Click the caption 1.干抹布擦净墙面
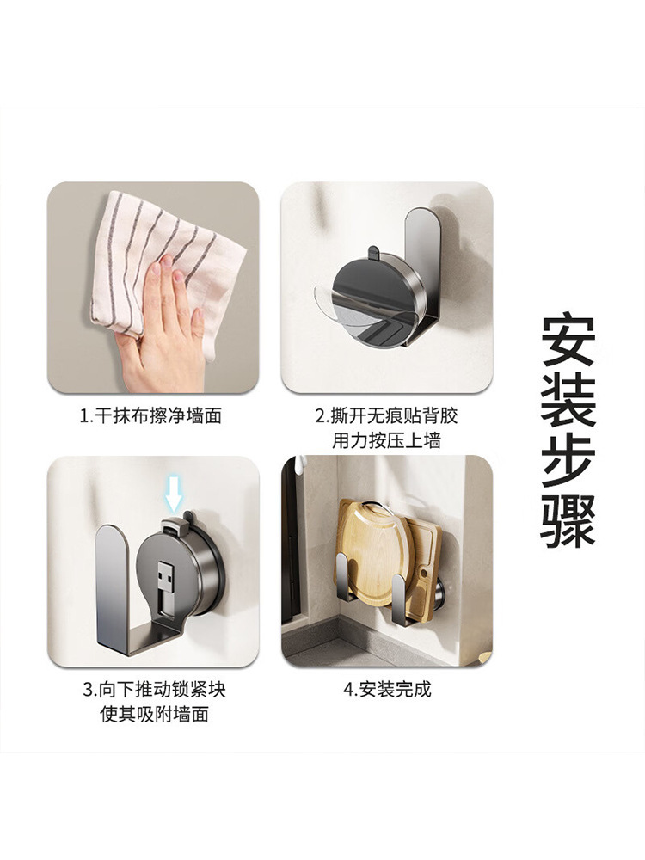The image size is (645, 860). point(151,416)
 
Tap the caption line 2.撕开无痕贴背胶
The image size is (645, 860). point(386,416)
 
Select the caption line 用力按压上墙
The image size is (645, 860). point(386,440)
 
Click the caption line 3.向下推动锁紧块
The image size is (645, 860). point(154,690)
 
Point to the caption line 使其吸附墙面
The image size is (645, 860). point(154,714)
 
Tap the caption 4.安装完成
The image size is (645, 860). point(387,690)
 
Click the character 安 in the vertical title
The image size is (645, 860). point(568,341)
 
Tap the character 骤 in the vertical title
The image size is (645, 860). point(568,519)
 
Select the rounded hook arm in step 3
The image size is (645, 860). point(113,576)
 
